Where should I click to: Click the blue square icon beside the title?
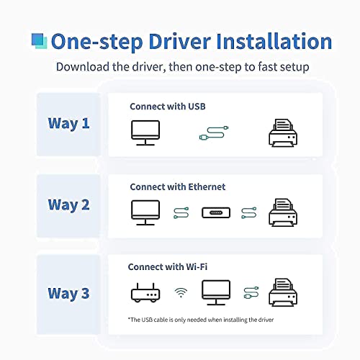click(x=39, y=41)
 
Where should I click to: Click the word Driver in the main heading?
click(x=180, y=42)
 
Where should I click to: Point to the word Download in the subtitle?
click(x=83, y=67)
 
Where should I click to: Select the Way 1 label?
click(x=68, y=124)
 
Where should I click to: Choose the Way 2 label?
click(x=68, y=205)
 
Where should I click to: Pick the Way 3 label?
click(x=68, y=294)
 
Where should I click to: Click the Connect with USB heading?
click(x=168, y=107)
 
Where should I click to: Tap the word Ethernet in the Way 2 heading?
click(x=207, y=186)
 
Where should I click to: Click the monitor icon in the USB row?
click(x=145, y=132)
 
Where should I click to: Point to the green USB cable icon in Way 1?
click(x=214, y=133)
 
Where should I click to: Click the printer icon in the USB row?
click(x=283, y=133)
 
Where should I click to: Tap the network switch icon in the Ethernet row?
click(x=216, y=212)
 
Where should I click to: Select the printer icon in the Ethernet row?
click(x=283, y=212)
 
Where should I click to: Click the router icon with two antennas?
click(x=145, y=293)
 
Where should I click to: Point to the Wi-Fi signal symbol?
click(x=181, y=292)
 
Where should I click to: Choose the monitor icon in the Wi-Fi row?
click(x=216, y=292)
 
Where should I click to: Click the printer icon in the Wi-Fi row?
click(x=283, y=292)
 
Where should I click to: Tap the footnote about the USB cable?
click(x=201, y=320)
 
